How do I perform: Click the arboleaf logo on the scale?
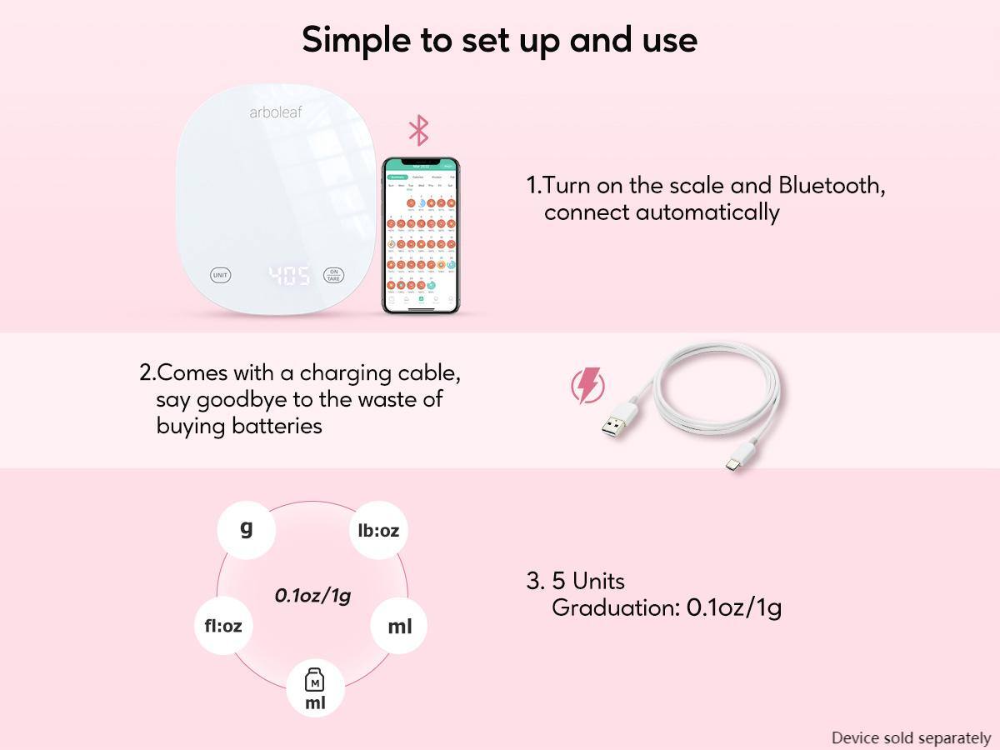pyautogui.click(x=276, y=112)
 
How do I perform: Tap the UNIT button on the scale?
pyautogui.click(x=220, y=275)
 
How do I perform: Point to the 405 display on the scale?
pyautogui.click(x=288, y=276)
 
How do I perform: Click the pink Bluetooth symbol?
pyautogui.click(x=418, y=131)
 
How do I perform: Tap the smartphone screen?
pyautogui.click(x=422, y=236)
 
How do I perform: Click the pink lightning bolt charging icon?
pyautogui.click(x=587, y=386)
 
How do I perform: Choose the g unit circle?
pyautogui.click(x=246, y=529)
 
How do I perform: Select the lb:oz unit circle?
pyautogui.click(x=378, y=530)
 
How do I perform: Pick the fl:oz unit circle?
pyautogui.click(x=223, y=625)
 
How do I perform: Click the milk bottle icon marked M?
pyautogui.click(x=315, y=681)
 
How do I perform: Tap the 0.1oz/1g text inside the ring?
pyautogui.click(x=312, y=595)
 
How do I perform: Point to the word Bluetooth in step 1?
pyautogui.click(x=831, y=185)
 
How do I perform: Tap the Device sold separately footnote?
pyautogui.click(x=911, y=737)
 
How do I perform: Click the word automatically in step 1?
pyautogui.click(x=707, y=212)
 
